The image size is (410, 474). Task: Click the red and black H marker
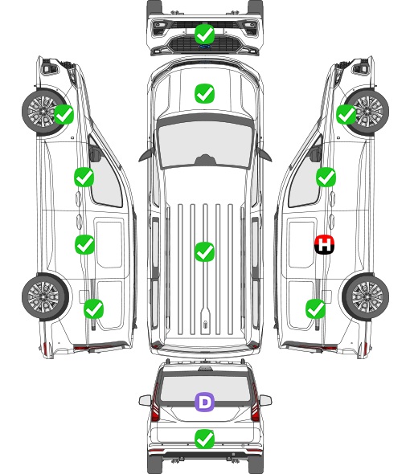[324, 244]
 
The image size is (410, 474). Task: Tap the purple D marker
[204, 402]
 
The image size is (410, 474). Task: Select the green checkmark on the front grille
[204, 34]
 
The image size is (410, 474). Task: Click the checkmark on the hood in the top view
[204, 93]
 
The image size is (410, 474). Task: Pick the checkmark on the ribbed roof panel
[204, 251]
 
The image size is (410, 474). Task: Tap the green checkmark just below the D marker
[204, 439]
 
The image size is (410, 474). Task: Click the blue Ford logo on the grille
[204, 47]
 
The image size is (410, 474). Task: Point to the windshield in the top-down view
[205, 145]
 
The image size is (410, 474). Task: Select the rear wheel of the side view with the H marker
[366, 296]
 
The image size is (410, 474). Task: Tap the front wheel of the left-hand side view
[44, 112]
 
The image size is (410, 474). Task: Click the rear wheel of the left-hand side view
[45, 297]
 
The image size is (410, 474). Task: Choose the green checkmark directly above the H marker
[326, 177]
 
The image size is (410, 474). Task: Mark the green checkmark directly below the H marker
[316, 309]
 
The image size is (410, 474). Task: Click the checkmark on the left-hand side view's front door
[84, 177]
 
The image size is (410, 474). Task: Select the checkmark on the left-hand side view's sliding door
[84, 244]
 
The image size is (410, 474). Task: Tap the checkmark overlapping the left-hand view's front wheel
[64, 114]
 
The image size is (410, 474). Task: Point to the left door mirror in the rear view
[146, 401]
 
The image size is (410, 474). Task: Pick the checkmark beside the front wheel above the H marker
[346, 114]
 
